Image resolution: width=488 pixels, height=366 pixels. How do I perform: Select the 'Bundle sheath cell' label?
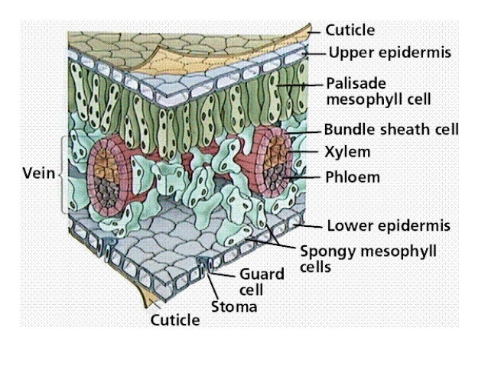[x=391, y=129]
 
